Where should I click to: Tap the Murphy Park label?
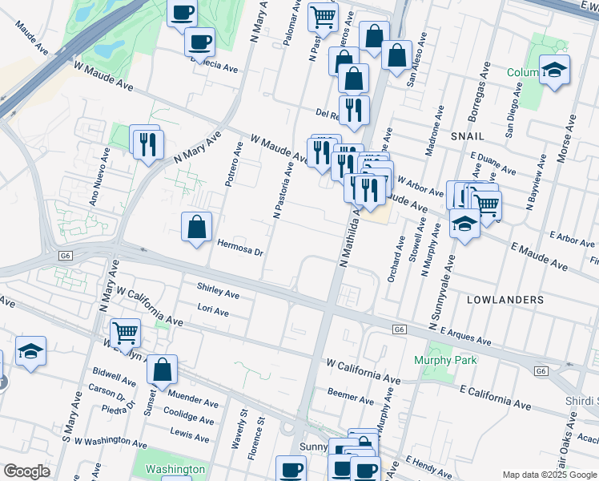coord(445,361)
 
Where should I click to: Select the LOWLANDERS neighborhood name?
coord(505,299)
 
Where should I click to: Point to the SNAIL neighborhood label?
coord(468,137)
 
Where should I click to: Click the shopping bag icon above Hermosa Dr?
coord(196,228)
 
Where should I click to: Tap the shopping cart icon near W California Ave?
coord(124,332)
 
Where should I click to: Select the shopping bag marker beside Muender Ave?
coord(162,370)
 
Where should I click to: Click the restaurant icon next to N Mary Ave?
coord(147,143)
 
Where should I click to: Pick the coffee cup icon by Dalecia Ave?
coord(199,40)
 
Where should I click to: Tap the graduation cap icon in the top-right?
coord(553,70)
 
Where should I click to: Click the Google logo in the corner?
coord(26,471)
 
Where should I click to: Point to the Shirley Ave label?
coord(218,290)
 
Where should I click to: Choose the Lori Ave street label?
coord(213,309)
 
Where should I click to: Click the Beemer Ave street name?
coord(351,394)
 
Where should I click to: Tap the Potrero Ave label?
coord(235,164)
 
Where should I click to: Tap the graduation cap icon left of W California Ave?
coord(30,352)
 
